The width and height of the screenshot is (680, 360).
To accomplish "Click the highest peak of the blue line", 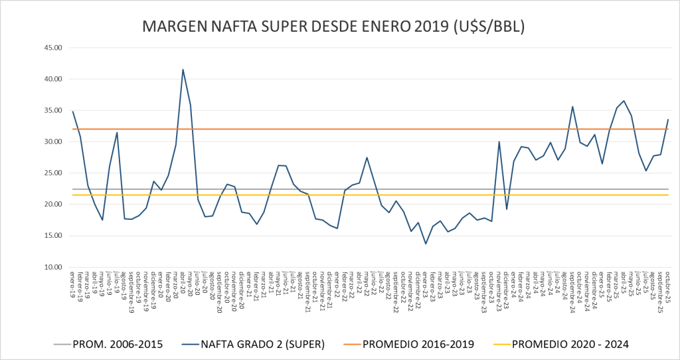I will click(183, 70).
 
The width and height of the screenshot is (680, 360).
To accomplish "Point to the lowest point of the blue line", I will click(426, 244).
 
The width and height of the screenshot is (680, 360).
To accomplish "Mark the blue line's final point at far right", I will click(668, 120).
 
